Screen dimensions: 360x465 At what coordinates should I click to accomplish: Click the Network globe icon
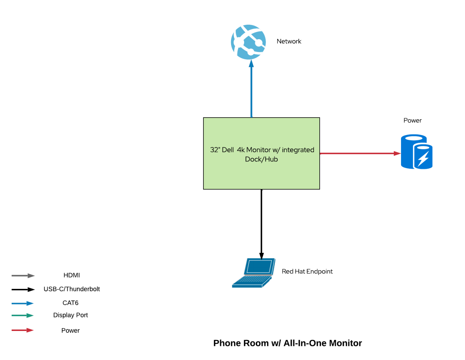[248, 42]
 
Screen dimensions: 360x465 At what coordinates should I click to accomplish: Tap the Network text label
[289, 41]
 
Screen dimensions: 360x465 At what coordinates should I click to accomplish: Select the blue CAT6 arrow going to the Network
[251, 91]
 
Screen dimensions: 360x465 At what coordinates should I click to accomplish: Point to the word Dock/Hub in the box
[261, 159]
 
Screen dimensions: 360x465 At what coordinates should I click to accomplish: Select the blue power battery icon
[416, 152]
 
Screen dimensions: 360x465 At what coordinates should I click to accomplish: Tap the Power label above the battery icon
[412, 120]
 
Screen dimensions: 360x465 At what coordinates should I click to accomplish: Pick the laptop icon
[254, 273]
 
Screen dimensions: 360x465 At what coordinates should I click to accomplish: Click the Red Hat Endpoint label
[307, 271]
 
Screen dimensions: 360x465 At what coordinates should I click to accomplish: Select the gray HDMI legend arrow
[23, 276]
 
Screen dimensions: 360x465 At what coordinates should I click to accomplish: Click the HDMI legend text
[72, 275]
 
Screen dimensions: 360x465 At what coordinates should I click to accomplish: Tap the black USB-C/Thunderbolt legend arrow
[23, 290]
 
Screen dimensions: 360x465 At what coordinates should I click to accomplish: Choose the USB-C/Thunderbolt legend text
[72, 289]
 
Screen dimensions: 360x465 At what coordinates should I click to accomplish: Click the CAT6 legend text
[70, 303]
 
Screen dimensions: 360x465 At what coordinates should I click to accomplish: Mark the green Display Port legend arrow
[23, 316]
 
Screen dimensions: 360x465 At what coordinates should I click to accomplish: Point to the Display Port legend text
[70, 315]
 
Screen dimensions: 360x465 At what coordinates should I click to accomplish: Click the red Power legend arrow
[23, 330]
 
